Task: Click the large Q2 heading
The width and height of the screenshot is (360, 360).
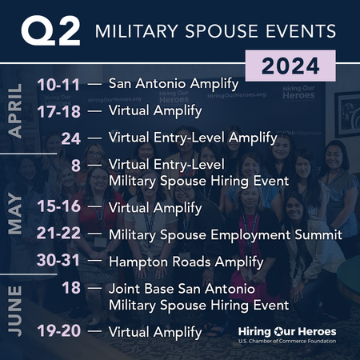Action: pos(51,31)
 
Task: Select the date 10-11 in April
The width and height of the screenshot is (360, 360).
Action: pos(58,83)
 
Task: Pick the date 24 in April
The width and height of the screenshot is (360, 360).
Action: pos(70,138)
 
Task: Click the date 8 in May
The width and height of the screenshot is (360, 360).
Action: pos(76,166)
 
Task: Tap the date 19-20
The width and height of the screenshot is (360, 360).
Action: pos(58,330)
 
